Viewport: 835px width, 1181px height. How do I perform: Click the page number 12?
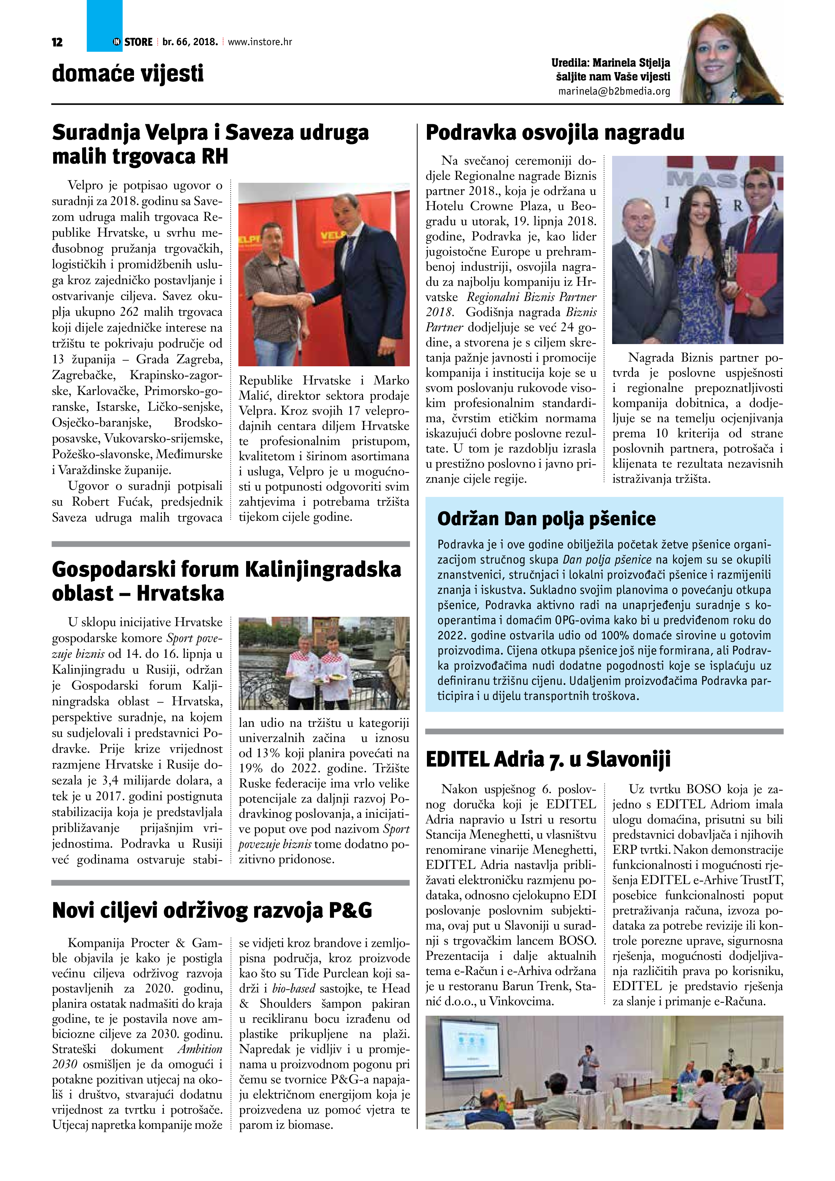point(57,42)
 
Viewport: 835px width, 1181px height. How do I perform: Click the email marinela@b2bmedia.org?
point(614,91)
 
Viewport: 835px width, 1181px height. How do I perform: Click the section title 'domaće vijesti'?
point(128,73)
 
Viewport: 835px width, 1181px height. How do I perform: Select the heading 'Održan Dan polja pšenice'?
point(546,518)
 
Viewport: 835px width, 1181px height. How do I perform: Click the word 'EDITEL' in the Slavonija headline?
point(457,759)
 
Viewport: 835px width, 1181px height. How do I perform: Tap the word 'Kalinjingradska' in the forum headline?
point(323,569)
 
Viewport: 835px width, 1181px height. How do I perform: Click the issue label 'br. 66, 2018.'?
point(190,42)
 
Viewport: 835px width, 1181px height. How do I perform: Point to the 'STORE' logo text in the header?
point(138,42)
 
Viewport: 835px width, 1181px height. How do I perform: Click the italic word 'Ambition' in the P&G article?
point(200,1049)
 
